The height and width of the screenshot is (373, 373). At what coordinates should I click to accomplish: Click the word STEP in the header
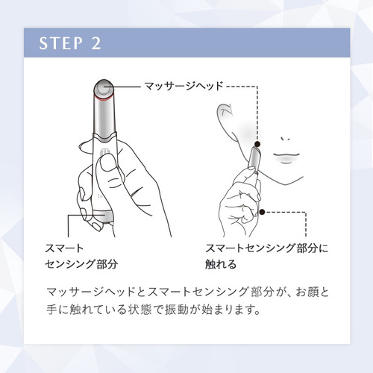pos(60,43)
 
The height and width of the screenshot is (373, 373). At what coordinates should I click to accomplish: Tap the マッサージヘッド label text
pos(184,86)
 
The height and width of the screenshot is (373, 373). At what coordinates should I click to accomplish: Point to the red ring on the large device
pos(104,99)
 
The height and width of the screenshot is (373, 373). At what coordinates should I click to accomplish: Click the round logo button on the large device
pos(104,153)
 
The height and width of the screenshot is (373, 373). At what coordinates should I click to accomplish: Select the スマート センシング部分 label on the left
pos(81,256)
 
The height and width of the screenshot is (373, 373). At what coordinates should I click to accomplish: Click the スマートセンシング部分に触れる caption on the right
pos(266,256)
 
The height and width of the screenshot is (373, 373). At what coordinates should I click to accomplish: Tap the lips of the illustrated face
pos(286,157)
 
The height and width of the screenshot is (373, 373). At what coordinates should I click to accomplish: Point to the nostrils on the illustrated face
pos(286,139)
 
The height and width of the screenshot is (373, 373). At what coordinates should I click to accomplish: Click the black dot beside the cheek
pos(258,144)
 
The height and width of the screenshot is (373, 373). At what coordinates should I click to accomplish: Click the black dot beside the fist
pos(262,212)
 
